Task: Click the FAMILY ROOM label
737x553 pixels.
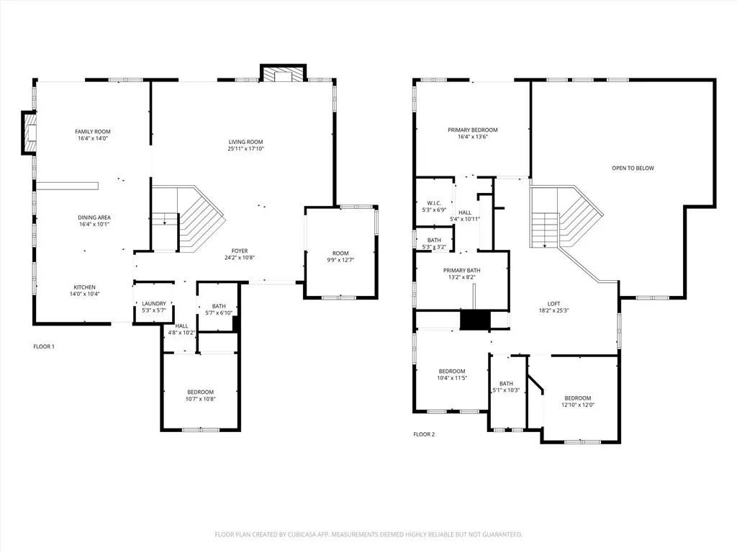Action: coord(93,132)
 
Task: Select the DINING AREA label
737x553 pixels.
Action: coord(94,217)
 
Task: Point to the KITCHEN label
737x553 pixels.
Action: coord(83,287)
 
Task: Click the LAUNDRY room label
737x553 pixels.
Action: coord(154,304)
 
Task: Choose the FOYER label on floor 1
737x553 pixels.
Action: coord(240,251)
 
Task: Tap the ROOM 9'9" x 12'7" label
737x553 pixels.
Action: coord(340,253)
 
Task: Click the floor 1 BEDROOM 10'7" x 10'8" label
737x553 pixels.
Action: coord(200,392)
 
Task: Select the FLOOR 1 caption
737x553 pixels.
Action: coord(44,346)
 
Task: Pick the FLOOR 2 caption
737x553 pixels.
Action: coord(424,434)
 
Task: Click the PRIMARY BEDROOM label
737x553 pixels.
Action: coord(473,130)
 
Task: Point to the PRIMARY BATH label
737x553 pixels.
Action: coord(461,270)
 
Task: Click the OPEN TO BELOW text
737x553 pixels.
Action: coord(633,168)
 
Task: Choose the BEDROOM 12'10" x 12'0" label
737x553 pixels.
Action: coord(577,398)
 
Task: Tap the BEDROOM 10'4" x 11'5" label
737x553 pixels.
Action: coord(452,372)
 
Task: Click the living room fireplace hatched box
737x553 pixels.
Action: coord(283,75)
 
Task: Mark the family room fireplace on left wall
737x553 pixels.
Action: coord(30,132)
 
